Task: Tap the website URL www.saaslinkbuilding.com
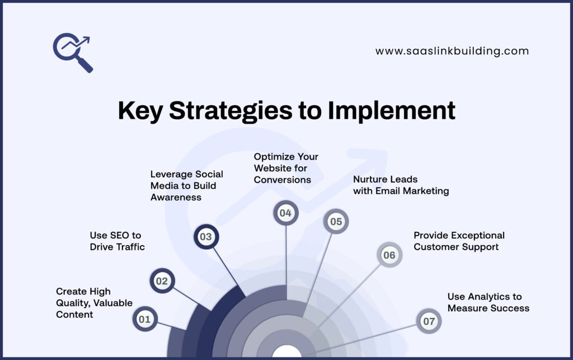pyautogui.click(x=452, y=51)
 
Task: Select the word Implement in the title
pyautogui.click(x=391, y=111)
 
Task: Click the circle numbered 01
pyautogui.click(x=145, y=320)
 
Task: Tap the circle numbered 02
pyautogui.click(x=162, y=281)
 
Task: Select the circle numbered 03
pyautogui.click(x=206, y=237)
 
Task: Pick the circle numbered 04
pyautogui.click(x=286, y=213)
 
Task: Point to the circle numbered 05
pyautogui.click(x=336, y=222)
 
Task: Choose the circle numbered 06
pyautogui.click(x=389, y=255)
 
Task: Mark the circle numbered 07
pyautogui.click(x=429, y=321)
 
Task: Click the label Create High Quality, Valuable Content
pyautogui.click(x=94, y=303)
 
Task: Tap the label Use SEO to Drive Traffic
pyautogui.click(x=117, y=241)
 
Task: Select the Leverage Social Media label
pyautogui.click(x=186, y=185)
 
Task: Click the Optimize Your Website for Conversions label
pyautogui.click(x=285, y=168)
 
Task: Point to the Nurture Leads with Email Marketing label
pyautogui.click(x=401, y=185)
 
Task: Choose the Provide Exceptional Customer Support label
pyautogui.click(x=459, y=241)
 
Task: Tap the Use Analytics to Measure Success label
pyautogui.click(x=488, y=302)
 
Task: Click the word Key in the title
pyautogui.click(x=140, y=111)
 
